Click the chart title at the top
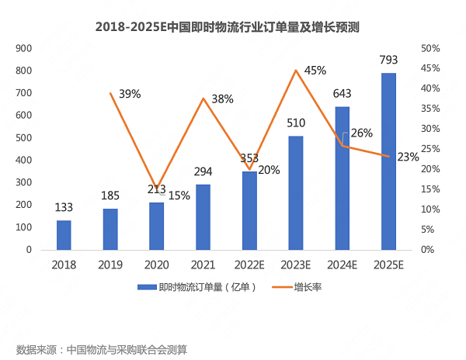click(x=232, y=26)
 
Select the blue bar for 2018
click(x=63, y=235)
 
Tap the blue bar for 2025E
click(x=388, y=161)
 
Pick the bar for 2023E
click(x=295, y=193)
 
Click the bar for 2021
click(x=203, y=217)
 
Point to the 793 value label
click(x=388, y=60)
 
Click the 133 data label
click(x=64, y=207)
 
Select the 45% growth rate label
click(x=315, y=71)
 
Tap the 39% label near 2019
click(x=130, y=94)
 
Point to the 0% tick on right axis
click(x=427, y=250)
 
